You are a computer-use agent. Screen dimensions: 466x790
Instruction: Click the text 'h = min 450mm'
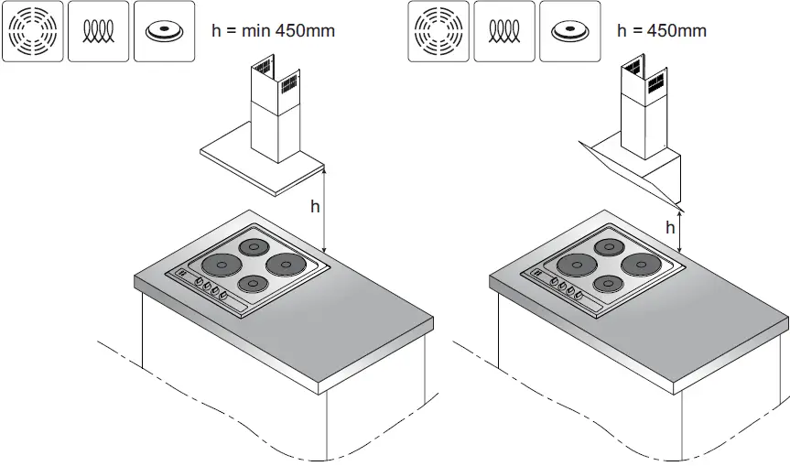[x=273, y=30]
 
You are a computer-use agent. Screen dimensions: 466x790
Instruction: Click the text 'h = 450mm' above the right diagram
[x=662, y=30]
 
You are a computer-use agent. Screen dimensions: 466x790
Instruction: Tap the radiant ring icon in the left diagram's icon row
[x=31, y=31]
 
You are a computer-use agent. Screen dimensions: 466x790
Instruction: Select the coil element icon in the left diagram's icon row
[x=97, y=31]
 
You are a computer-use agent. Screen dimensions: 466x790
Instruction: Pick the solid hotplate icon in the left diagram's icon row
[x=164, y=31]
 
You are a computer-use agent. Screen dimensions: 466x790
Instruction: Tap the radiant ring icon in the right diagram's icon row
[x=438, y=31]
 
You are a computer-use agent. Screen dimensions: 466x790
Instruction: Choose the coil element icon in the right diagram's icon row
[x=503, y=31]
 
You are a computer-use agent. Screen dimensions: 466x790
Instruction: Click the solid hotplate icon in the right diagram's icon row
[x=570, y=31]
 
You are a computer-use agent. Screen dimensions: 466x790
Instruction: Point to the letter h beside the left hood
[x=315, y=207]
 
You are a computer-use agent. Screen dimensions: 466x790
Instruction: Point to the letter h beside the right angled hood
[x=670, y=227]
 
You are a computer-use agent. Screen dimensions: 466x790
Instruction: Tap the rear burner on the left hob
[x=252, y=246]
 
